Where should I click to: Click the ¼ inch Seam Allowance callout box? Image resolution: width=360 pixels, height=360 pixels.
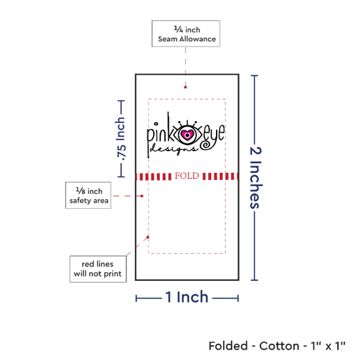pyautogui.click(x=186, y=33)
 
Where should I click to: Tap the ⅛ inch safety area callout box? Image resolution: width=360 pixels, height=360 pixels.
pyautogui.click(x=88, y=196)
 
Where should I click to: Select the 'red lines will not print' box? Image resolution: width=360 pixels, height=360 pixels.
pyautogui.click(x=98, y=269)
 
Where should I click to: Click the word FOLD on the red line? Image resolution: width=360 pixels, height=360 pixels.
pyautogui.click(x=187, y=176)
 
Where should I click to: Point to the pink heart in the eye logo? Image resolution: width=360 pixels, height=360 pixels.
pyautogui.click(x=187, y=135)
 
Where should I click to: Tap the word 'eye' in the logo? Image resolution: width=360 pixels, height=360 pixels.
pyautogui.click(x=214, y=134)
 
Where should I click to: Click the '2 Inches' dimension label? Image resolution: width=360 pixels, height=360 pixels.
pyautogui.click(x=255, y=177)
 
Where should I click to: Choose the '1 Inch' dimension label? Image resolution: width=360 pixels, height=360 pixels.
pyautogui.click(x=187, y=297)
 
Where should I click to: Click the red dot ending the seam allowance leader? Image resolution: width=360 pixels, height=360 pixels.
pyautogui.click(x=185, y=87)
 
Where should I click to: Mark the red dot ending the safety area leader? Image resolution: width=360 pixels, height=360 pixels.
pyautogui.click(x=142, y=196)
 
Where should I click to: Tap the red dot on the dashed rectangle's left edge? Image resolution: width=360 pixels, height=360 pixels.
pyautogui.click(x=148, y=237)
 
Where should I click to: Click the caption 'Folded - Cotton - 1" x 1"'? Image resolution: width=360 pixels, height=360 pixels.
pyautogui.click(x=277, y=346)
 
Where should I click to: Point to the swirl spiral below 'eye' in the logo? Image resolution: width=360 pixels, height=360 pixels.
pyautogui.click(x=205, y=145)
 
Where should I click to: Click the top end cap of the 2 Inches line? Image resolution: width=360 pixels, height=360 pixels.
pyautogui.click(x=255, y=75)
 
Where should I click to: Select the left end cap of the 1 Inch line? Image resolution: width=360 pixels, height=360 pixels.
pyautogui.click(x=136, y=298)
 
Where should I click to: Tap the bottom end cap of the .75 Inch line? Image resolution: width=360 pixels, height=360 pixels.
pyautogui.click(x=121, y=177)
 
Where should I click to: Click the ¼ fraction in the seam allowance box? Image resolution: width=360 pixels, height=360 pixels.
pyautogui.click(x=179, y=29)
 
